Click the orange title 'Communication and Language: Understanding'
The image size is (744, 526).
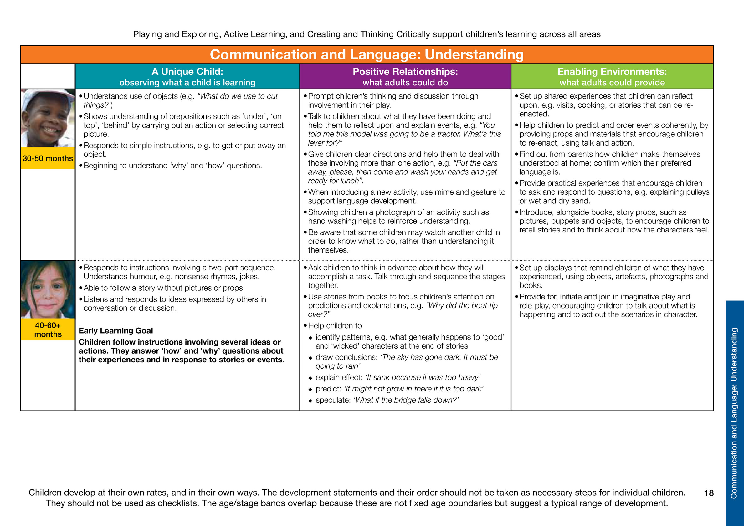pos(367,54)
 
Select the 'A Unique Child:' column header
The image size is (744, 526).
pos(187,72)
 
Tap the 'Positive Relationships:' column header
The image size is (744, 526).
pos(405,72)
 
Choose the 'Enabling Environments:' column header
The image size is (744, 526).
pos(612,72)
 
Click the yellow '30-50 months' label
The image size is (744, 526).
pos(48,158)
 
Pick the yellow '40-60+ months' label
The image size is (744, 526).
pos(48,330)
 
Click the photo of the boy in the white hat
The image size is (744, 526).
pos(48,118)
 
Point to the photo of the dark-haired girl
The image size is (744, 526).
pos(48,289)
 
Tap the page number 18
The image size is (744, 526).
pos(709,493)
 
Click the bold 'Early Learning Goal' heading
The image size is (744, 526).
pos(116,331)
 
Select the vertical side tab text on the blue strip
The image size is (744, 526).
pos(734,413)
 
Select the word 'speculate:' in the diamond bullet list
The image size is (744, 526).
pos(333,400)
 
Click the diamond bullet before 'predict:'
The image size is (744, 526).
pos(310,390)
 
